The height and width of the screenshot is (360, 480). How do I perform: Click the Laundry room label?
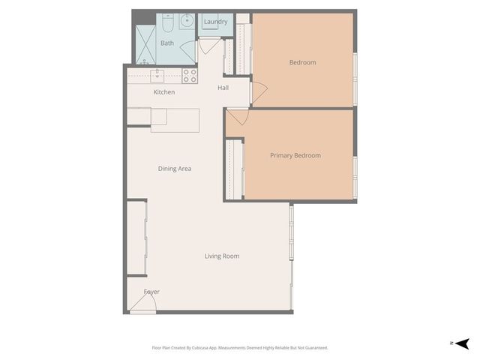215,22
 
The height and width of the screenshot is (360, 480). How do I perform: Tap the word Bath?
166,43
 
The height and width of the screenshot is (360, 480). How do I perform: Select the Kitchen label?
164,92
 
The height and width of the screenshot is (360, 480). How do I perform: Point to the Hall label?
223,88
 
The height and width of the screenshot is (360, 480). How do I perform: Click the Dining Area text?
175,169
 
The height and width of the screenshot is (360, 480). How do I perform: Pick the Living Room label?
222,256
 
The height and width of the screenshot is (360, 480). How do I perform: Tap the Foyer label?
151,292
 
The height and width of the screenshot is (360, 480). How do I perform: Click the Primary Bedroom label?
295,155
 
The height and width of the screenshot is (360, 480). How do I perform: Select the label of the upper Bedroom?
302,62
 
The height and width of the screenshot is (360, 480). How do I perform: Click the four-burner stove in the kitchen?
190,75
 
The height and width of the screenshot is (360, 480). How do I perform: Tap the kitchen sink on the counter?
157,75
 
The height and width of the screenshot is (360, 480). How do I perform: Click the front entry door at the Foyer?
142,304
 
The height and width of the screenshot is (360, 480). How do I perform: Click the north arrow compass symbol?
462,343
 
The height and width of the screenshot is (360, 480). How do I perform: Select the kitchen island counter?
175,120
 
